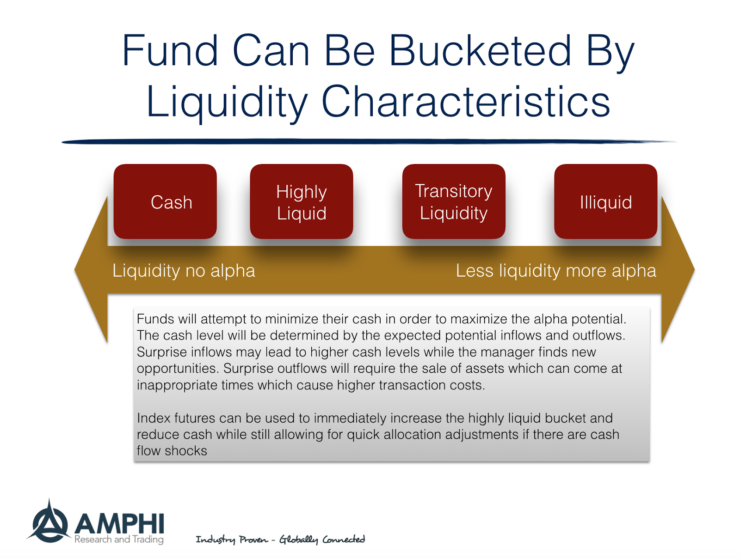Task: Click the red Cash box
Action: pyautogui.click(x=165, y=201)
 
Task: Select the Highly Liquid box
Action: pyautogui.click(x=301, y=201)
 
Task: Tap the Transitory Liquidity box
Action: pyautogui.click(x=453, y=201)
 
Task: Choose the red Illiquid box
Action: pyautogui.click(x=605, y=201)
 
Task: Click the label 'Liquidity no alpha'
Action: pyautogui.click(x=184, y=271)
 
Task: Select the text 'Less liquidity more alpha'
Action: pyautogui.click(x=555, y=271)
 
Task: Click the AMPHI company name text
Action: pyautogui.click(x=119, y=523)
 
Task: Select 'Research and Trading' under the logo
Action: pyautogui.click(x=119, y=540)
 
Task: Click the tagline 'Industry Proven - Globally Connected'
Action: pyautogui.click(x=280, y=540)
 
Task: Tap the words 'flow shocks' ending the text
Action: pyautogui.click(x=172, y=451)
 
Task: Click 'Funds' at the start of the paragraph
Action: pyautogui.click(x=155, y=319)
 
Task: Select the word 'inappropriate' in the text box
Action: pyautogui.click(x=177, y=385)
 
